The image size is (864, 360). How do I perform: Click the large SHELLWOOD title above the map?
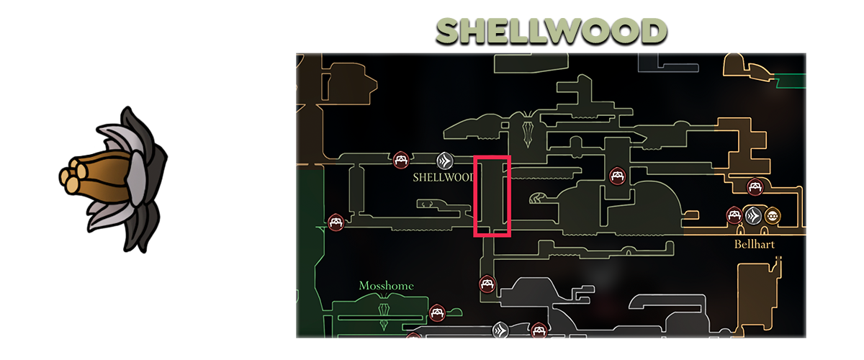pos(552,32)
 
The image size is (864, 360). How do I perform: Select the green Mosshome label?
pos(386,286)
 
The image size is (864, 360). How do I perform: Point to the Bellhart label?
pos(754,244)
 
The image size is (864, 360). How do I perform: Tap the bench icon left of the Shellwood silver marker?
pos(402,159)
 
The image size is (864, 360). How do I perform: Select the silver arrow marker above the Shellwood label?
pos(444,160)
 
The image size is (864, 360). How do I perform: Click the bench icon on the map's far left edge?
pos(335,222)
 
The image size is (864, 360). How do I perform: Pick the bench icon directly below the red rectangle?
pos(487,284)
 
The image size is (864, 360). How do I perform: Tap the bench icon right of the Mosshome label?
pos(436,312)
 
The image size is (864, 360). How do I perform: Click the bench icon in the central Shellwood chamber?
pos(616,175)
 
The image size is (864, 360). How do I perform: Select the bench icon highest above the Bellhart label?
pos(755,186)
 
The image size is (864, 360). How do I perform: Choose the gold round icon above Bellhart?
pos(773,215)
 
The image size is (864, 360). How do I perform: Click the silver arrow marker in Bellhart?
pos(753,215)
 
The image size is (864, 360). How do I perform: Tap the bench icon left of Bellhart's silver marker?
pos(734,215)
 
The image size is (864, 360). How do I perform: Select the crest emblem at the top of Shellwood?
pos(529,129)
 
